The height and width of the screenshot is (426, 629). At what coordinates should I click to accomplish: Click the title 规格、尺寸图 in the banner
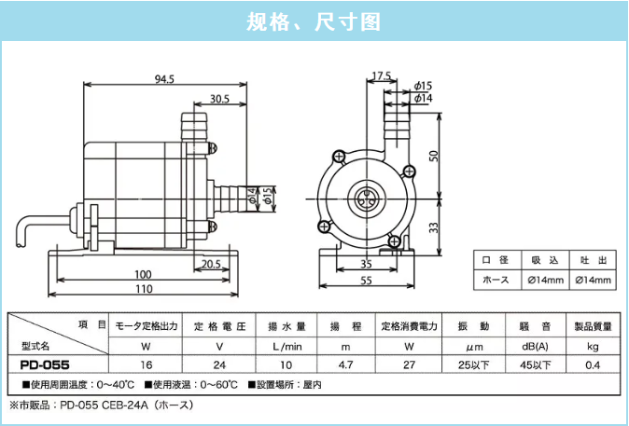pyautogui.click(x=314, y=21)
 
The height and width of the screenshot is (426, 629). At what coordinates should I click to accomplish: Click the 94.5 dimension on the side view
pyautogui.click(x=163, y=79)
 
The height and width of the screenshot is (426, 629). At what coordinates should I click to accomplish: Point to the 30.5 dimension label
pyautogui.click(x=219, y=99)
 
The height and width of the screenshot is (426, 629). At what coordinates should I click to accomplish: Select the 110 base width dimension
pyautogui.click(x=142, y=289)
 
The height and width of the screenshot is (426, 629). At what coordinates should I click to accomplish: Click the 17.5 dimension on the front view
pyautogui.click(x=381, y=76)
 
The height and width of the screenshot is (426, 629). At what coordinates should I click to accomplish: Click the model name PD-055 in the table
pyautogui.click(x=45, y=364)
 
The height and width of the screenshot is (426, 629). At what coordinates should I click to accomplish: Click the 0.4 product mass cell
pyautogui.click(x=592, y=364)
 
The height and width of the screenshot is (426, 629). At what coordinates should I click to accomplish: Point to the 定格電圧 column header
pyautogui.click(x=218, y=326)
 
